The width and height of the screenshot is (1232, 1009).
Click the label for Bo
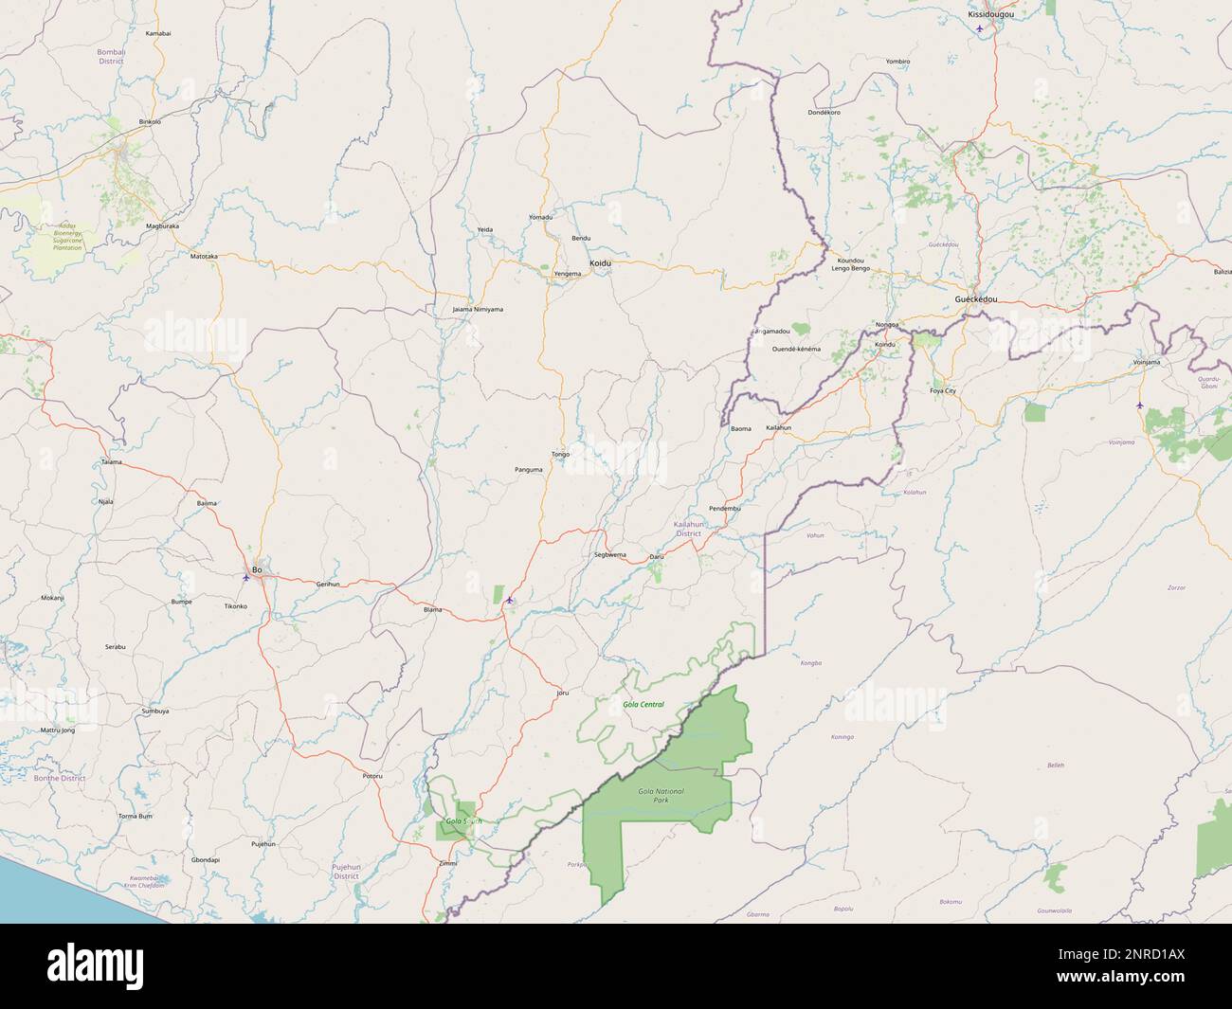pos(256,568)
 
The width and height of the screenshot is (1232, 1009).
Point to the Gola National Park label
pos(661,796)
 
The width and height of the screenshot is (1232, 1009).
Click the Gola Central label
pos(643,704)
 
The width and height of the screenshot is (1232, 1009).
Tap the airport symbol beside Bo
pos(246,577)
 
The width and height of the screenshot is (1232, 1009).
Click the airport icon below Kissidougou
pos(980,27)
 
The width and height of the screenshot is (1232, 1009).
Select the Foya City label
pos(943,390)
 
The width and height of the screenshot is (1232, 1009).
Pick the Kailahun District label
pos(688,529)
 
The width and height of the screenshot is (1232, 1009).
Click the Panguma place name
pos(528,469)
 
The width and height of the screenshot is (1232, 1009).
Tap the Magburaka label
pos(162,226)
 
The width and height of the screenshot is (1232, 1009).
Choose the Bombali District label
pos(111,56)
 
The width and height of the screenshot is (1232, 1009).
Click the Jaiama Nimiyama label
pos(478,309)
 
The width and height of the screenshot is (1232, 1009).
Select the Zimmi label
pos(448,863)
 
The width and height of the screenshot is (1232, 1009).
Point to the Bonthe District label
pos(60,778)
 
